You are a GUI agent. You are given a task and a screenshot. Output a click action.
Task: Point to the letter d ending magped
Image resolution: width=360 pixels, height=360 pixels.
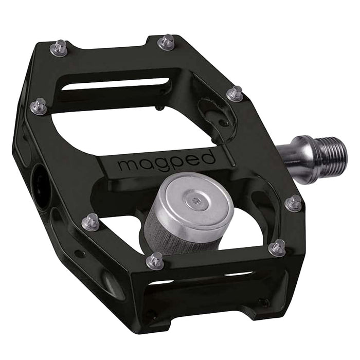click(209, 157)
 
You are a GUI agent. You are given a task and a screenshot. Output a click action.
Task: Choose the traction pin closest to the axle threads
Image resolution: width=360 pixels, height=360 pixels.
click(293, 204)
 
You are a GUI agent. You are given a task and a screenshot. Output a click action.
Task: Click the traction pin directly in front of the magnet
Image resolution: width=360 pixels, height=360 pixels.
click(155, 261)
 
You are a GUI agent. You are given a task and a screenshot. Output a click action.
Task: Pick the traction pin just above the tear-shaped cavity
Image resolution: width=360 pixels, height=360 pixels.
click(235, 93)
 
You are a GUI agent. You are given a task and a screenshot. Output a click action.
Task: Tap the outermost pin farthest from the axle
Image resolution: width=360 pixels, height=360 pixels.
click(39, 106)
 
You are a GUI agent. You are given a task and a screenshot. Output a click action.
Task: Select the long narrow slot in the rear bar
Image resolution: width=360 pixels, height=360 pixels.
click(115, 84)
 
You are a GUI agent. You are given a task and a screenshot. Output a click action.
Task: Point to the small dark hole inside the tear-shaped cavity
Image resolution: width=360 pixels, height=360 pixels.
click(225, 123)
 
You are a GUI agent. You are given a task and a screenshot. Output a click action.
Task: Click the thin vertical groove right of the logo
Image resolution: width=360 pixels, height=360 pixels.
click(231, 154)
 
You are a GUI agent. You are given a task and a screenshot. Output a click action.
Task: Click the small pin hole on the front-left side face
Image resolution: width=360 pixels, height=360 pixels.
click(80, 253)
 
